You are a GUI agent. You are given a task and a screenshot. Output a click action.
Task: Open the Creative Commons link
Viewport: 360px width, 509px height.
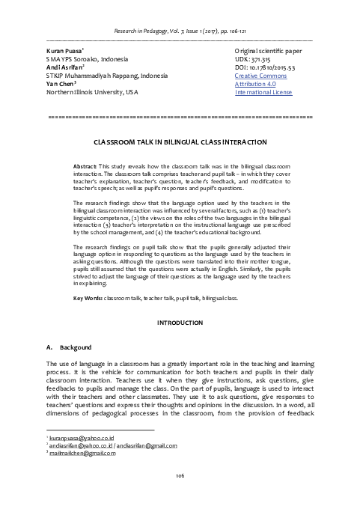point(261,76)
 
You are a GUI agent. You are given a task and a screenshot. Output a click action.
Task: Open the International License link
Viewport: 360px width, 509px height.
point(267,94)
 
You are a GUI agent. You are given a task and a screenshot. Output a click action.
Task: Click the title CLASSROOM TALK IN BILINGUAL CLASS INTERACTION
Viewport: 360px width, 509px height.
point(180,141)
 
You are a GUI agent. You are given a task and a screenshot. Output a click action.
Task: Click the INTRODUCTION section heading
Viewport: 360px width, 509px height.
point(180,344)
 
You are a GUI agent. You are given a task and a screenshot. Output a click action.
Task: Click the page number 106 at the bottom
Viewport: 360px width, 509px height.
point(180,496)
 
